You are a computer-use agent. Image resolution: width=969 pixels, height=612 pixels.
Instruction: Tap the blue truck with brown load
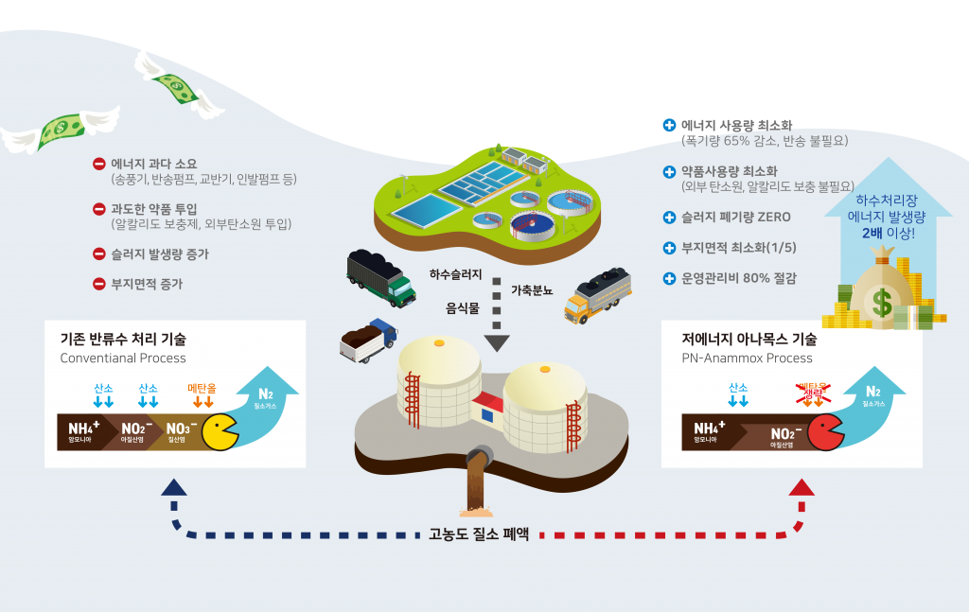(x=367, y=339)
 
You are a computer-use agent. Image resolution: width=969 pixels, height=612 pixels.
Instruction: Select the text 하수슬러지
(x=455, y=274)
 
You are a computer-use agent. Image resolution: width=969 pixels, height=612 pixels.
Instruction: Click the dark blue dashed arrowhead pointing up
(x=173, y=488)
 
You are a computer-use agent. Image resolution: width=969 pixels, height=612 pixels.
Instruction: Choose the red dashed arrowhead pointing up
(x=802, y=488)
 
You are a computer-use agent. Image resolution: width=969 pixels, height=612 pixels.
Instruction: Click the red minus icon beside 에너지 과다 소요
(x=98, y=164)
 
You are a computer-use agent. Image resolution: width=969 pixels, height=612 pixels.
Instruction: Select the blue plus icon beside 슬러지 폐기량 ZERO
(x=670, y=218)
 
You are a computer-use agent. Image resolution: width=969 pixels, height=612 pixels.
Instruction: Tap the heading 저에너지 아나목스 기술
(x=749, y=339)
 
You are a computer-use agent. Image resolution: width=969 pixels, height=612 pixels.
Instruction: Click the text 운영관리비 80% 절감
(x=738, y=278)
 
